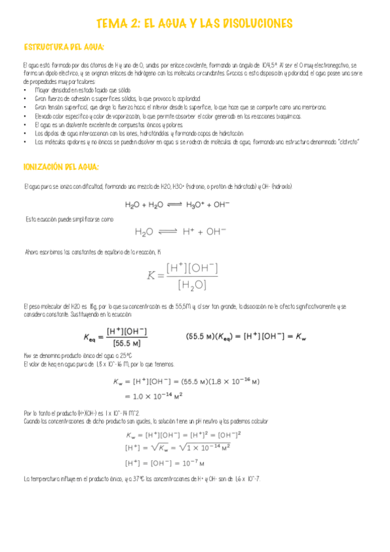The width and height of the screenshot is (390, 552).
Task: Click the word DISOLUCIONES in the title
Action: tap(249, 23)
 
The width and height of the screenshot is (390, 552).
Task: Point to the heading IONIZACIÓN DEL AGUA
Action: tap(61, 167)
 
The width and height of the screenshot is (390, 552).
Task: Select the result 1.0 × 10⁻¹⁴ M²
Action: tap(154, 396)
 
